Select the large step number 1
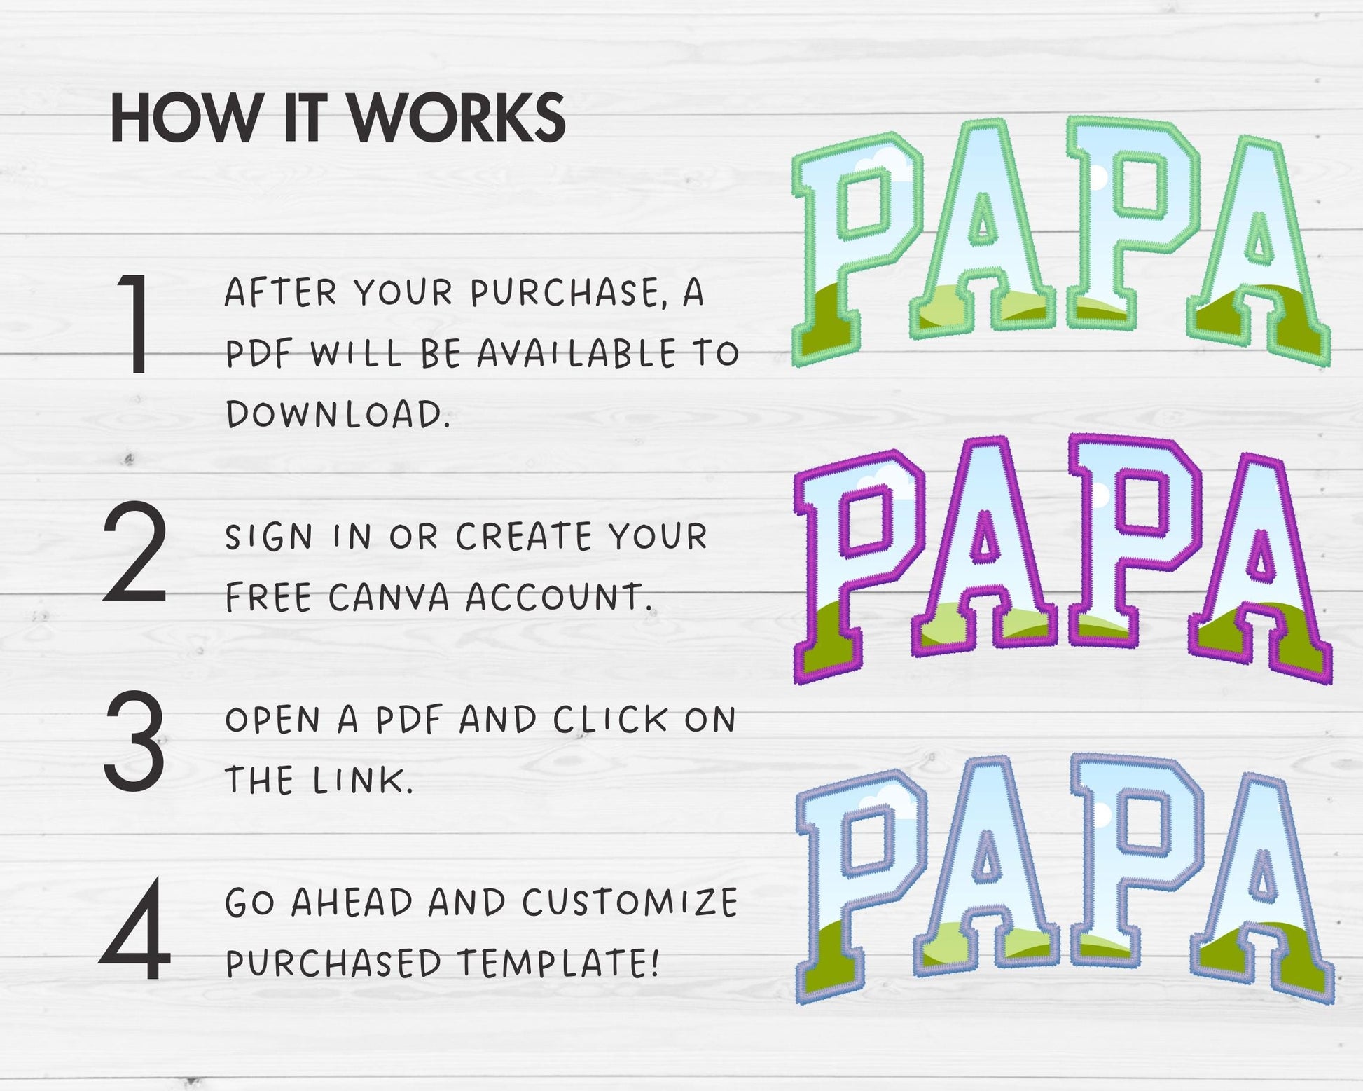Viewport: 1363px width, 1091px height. (136, 324)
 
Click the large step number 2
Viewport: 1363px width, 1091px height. (135, 551)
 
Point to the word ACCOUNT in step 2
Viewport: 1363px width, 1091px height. (559, 598)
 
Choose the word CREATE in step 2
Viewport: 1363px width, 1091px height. (524, 537)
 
